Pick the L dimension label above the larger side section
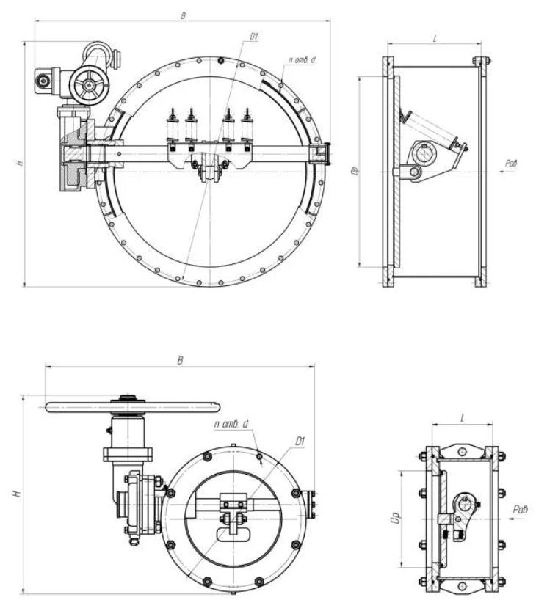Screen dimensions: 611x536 [x=435, y=37]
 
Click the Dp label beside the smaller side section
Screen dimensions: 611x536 [x=395, y=519]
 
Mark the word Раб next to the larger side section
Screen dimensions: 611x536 [x=511, y=162]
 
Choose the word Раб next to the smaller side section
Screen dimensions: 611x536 [x=521, y=508]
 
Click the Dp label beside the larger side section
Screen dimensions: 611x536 [x=355, y=172]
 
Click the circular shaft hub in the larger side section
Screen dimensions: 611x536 [x=425, y=155]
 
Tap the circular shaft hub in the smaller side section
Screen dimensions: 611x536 [x=464, y=504]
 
